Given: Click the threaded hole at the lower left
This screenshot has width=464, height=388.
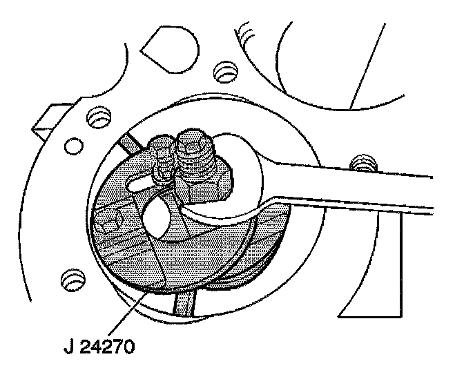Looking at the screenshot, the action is (70, 279).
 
